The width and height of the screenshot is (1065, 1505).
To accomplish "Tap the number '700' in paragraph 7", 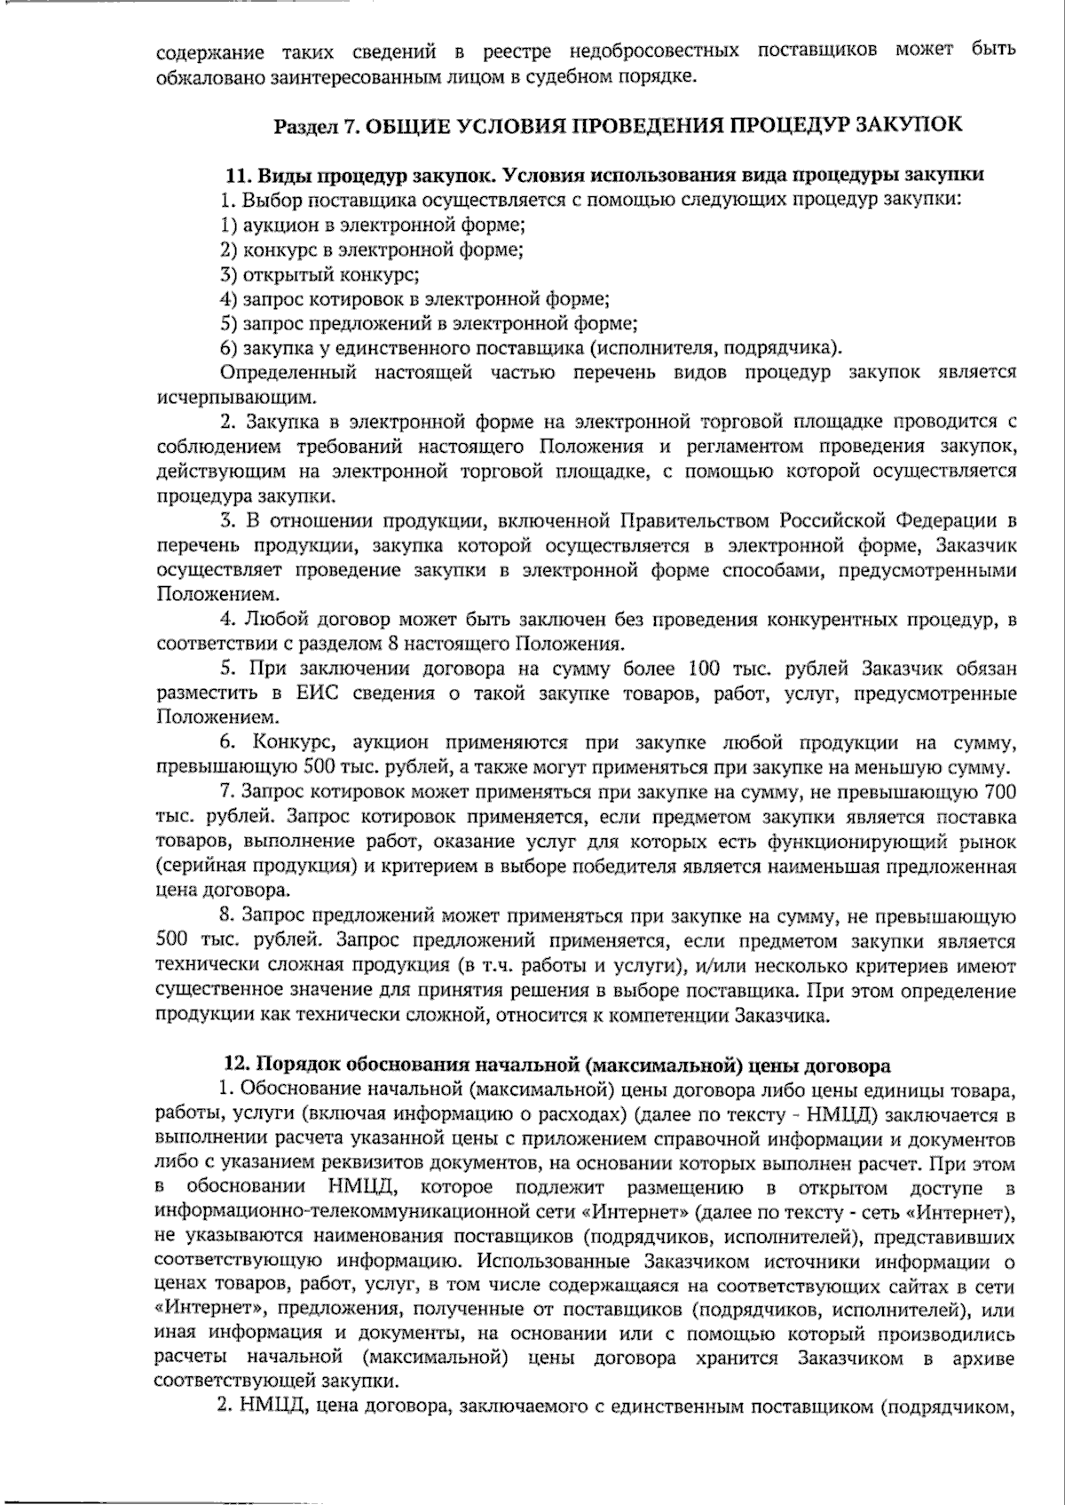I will (x=1000, y=792).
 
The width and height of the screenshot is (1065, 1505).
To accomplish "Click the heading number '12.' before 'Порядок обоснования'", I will (x=237, y=1065).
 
